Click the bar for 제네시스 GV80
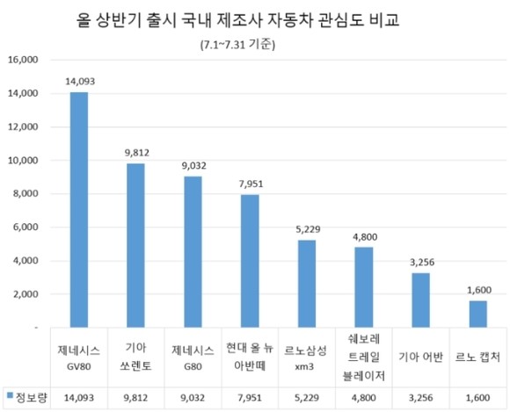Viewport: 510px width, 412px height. click(x=79, y=209)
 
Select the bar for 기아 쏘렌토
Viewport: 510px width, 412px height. click(x=136, y=245)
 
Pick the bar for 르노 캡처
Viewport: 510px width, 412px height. click(x=477, y=314)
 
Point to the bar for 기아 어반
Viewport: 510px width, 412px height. click(x=420, y=300)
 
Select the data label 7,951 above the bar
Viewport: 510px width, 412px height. click(x=250, y=183)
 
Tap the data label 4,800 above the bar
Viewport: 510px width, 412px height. click(x=364, y=235)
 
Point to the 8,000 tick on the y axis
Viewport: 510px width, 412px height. click(x=25, y=194)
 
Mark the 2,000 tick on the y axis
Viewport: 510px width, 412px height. click(x=25, y=294)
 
